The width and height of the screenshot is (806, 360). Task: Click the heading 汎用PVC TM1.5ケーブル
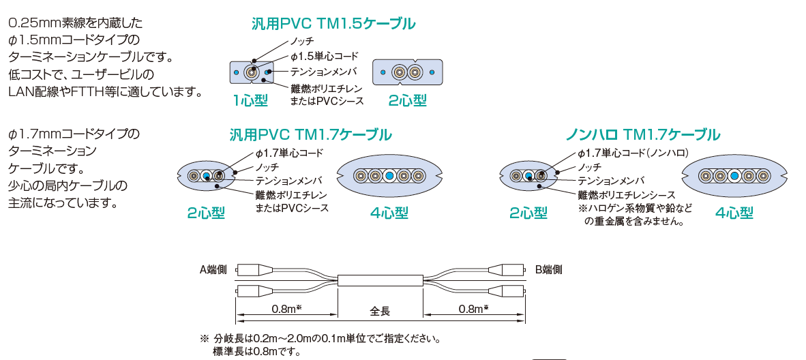click(333, 24)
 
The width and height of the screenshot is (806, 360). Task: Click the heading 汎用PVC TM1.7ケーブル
click(310, 134)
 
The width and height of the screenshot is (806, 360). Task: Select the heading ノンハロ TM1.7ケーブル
click(643, 134)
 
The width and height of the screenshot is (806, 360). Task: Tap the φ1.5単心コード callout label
click(324, 56)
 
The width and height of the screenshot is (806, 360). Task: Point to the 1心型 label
click(250, 101)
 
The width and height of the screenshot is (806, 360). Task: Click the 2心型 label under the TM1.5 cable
click(407, 101)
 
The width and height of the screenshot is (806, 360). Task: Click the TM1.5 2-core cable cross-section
click(407, 72)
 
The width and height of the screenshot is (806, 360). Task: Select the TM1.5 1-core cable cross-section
click(252, 72)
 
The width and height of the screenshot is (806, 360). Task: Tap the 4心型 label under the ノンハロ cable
click(734, 213)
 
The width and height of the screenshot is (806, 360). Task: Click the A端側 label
click(213, 269)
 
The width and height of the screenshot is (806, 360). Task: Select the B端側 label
click(549, 269)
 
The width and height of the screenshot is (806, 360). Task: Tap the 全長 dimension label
click(380, 311)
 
